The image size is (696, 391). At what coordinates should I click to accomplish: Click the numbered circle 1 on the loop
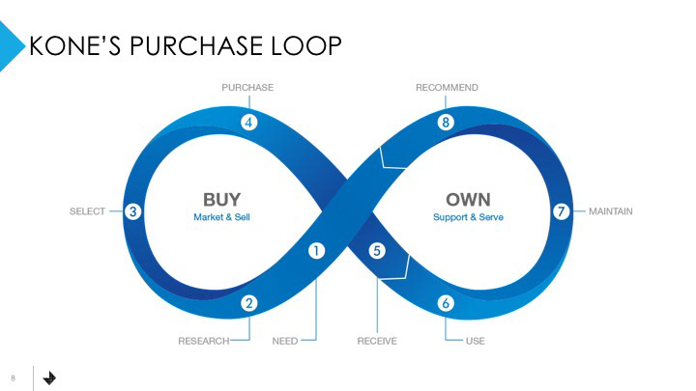pos(315,250)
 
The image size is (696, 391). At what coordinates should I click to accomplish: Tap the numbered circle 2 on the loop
pos(248,303)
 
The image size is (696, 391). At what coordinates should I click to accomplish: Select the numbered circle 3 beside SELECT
pos(134,211)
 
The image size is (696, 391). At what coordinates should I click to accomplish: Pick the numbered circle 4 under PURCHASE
pos(248,123)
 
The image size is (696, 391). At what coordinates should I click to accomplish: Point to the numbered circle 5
pos(377,250)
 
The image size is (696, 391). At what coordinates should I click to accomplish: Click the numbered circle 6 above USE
pos(446,303)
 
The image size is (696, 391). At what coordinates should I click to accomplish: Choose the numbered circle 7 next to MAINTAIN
pos(560,211)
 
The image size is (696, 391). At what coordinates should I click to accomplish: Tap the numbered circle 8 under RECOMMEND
pos(446,123)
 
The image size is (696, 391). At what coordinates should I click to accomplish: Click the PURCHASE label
pos(247,88)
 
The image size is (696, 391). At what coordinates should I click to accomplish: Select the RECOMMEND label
pos(447,88)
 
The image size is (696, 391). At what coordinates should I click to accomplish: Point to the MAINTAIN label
pos(611,211)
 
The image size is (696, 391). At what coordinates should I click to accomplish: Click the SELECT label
pos(88,211)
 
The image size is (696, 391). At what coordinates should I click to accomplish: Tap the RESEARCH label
pos(203,341)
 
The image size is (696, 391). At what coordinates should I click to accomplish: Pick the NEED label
pos(285,341)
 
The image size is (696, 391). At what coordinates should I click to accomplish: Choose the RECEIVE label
pos(377,341)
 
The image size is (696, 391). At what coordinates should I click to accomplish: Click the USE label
pos(475,341)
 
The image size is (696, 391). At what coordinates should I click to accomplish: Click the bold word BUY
pos(222,200)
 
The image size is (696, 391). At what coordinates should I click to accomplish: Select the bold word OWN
pos(468,200)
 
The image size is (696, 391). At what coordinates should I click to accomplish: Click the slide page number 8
pos(14,377)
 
